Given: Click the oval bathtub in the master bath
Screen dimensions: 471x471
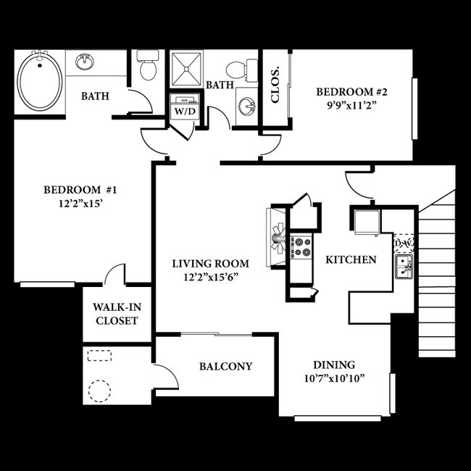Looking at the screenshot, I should click(x=40, y=80).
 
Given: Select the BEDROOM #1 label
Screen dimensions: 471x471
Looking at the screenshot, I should click(x=80, y=190).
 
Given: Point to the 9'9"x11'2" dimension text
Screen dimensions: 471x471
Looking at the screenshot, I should click(x=353, y=105).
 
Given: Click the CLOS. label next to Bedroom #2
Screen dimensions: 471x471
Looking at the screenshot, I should click(x=275, y=86).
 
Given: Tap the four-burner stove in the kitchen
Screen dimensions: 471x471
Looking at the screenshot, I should click(x=301, y=247).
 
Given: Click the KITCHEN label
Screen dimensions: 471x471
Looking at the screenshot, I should click(x=350, y=259).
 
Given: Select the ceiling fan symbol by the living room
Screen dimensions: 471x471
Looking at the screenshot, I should click(x=277, y=236).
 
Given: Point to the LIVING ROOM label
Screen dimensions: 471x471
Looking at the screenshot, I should click(x=210, y=263).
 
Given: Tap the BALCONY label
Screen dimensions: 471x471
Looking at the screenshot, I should click(x=225, y=367).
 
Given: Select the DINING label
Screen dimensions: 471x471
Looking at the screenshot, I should click(x=334, y=364).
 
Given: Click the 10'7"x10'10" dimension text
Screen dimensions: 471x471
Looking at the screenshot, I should click(x=333, y=378).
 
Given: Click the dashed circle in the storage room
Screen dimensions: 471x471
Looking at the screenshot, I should click(x=99, y=391).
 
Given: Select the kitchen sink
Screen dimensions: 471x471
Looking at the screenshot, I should click(x=403, y=265).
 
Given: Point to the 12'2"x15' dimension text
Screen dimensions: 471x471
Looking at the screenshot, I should click(x=80, y=204).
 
